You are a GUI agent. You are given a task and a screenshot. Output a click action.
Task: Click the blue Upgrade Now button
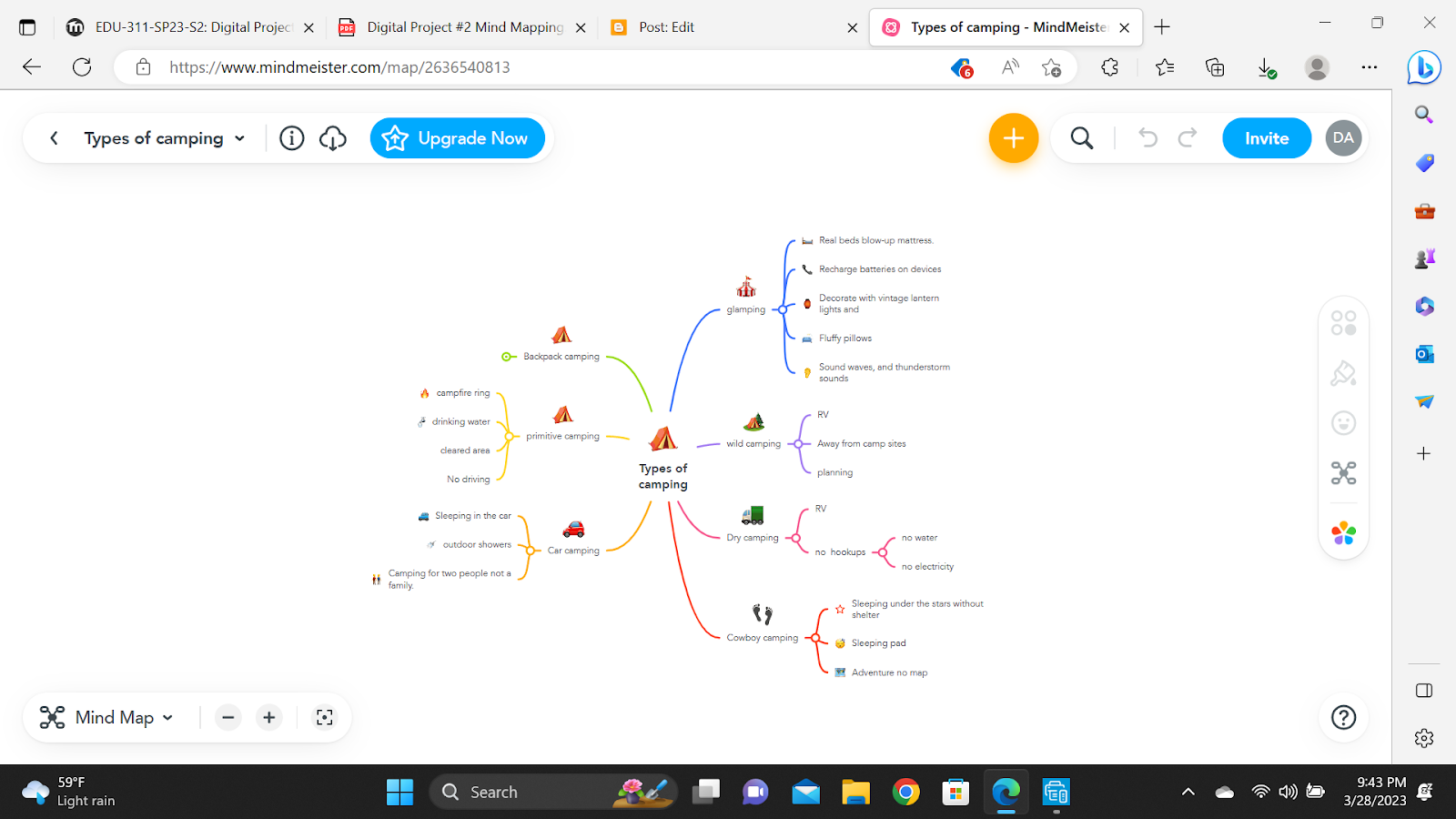457,138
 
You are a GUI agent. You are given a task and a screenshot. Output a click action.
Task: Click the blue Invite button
1266,138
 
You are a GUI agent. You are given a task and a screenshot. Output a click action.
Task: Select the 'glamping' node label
746,309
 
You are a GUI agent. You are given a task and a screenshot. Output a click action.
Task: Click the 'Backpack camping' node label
561,357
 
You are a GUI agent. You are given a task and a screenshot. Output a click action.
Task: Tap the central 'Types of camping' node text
663,476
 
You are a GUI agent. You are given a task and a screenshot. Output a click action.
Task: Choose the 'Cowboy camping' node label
762,638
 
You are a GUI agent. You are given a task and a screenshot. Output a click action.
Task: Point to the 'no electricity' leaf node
927,567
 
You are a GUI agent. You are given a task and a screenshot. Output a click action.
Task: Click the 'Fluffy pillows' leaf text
845,339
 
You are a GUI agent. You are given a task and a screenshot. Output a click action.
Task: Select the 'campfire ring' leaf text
463,393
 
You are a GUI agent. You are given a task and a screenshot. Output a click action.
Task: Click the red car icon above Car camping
573,529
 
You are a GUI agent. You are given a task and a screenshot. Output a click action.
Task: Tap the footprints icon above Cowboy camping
763,614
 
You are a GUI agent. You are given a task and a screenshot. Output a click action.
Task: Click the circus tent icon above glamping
746,288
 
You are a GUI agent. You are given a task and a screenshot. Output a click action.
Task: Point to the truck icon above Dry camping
753,515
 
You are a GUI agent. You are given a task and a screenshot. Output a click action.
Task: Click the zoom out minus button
228,718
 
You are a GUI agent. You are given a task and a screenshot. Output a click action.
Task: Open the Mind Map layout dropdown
106,718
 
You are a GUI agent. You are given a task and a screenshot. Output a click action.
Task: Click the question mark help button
1343,718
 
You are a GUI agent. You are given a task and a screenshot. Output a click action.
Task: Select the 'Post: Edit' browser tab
666,27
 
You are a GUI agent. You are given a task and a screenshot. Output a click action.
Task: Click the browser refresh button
82,66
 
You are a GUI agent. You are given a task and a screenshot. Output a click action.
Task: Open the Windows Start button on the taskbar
399,792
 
